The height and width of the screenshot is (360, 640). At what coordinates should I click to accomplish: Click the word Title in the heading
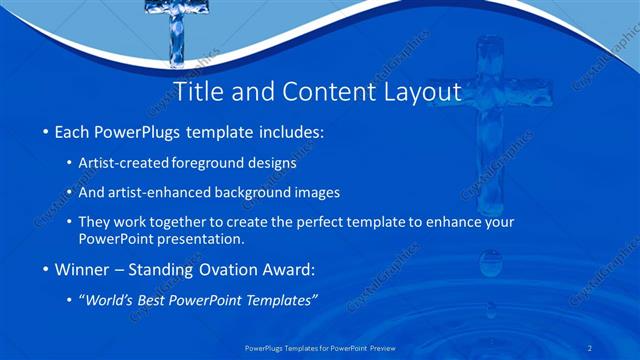pos(200,92)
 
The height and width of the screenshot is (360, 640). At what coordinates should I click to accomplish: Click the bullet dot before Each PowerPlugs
pos(46,132)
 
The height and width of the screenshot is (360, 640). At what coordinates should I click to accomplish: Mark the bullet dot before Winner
pos(46,269)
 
